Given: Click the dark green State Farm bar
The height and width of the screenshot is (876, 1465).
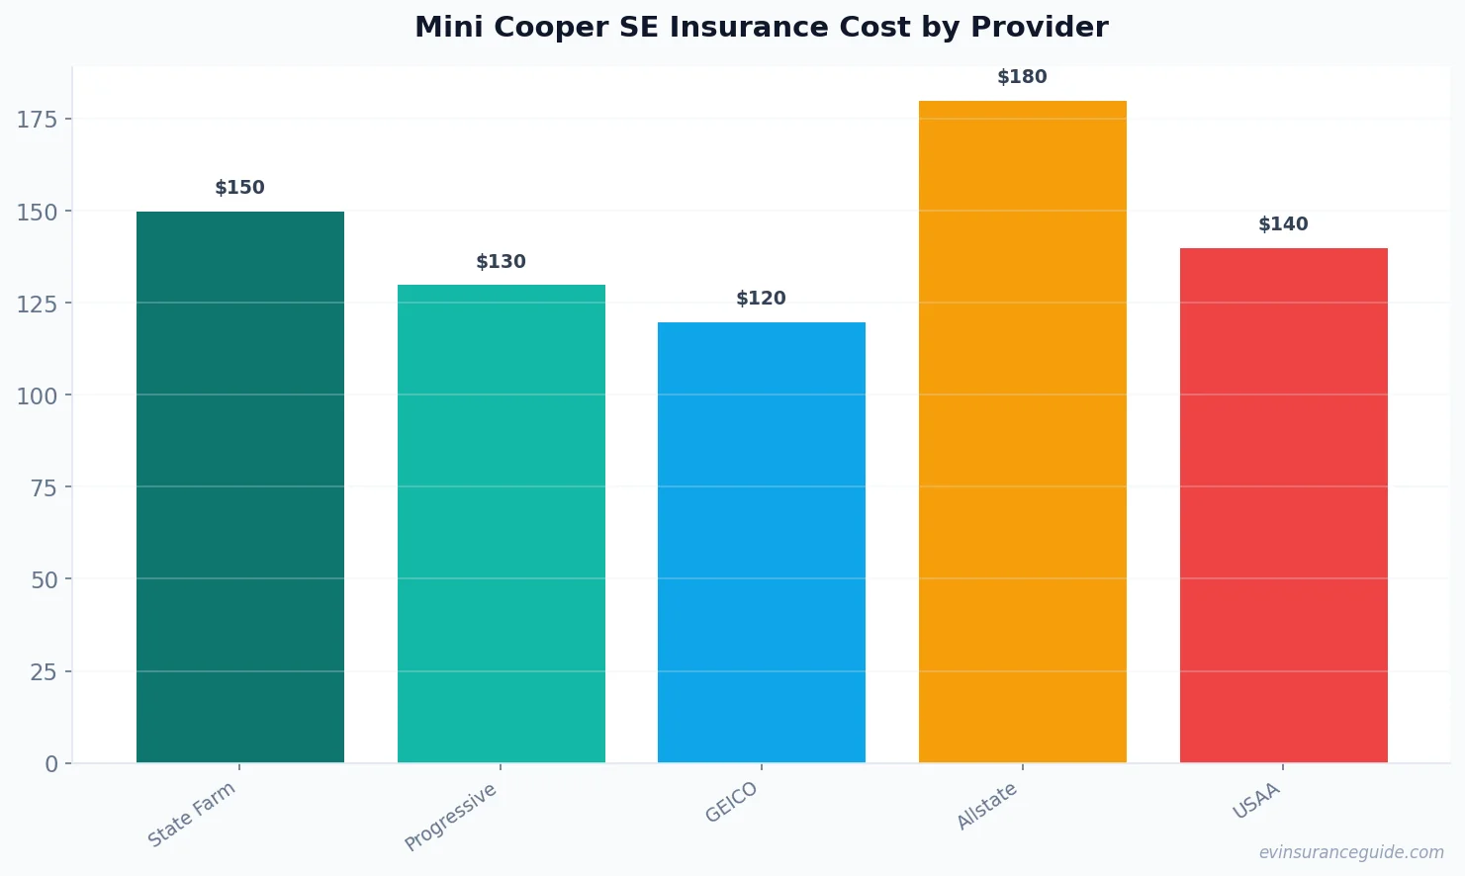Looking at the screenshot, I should (240, 486).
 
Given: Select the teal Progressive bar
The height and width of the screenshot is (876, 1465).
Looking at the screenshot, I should (502, 523).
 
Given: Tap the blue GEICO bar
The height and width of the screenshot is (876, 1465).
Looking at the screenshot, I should (762, 542).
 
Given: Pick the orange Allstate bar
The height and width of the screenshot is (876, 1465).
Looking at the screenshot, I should (1023, 431).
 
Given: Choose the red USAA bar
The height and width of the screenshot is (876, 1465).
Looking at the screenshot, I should (1283, 505).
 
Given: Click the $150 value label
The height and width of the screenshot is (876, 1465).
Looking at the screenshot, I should (240, 188).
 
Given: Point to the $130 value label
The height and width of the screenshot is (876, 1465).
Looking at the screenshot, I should (502, 262).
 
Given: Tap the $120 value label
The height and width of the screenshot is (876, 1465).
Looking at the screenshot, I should (762, 299).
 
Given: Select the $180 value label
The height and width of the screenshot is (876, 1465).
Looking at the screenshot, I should (1023, 77).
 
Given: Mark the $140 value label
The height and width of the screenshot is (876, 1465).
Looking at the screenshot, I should (1283, 224).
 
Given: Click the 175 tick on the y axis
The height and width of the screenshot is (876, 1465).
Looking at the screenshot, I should (38, 120).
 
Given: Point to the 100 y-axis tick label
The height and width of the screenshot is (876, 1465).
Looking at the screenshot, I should (38, 395).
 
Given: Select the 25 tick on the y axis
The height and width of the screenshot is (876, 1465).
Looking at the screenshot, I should (44, 672).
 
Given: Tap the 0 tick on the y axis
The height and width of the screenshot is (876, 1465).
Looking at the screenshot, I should (51, 764).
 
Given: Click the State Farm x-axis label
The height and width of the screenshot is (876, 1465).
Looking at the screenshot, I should (192, 814).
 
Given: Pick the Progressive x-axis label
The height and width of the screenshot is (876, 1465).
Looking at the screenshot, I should (451, 817).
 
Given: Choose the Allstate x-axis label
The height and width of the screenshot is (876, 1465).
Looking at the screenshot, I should (987, 806).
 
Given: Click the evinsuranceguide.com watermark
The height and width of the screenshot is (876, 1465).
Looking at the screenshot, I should (1351, 852).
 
